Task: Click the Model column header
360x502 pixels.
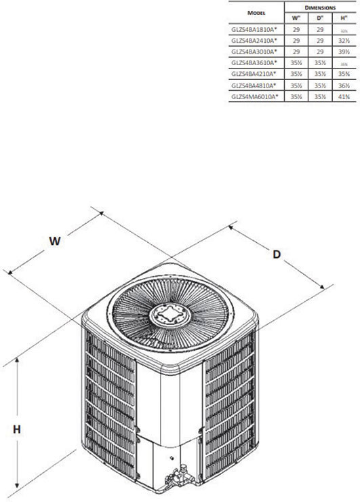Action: pyautogui.click(x=256, y=12)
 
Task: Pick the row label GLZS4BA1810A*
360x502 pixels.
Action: pyautogui.click(x=256, y=31)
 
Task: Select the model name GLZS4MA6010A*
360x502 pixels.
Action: pyautogui.click(x=256, y=96)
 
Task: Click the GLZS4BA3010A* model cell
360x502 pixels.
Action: pyautogui.click(x=256, y=52)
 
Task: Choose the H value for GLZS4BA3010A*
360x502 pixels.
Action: pyautogui.click(x=344, y=52)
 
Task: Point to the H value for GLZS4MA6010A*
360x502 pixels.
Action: pyautogui.click(x=344, y=96)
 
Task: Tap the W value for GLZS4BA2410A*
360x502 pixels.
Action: pyautogui.click(x=296, y=41)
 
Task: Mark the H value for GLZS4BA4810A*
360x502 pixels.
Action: pyautogui.click(x=344, y=85)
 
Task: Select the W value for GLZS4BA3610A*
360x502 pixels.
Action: pyautogui.click(x=296, y=63)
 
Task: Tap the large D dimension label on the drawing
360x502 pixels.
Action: pyautogui.click(x=277, y=254)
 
